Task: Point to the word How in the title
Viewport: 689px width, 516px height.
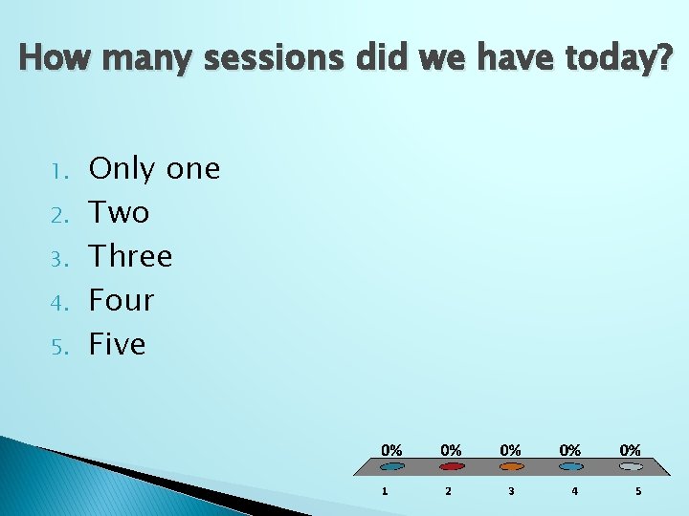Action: click(x=56, y=58)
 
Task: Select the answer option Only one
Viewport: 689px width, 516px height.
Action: click(x=154, y=169)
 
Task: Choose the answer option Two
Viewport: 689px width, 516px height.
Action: click(x=119, y=212)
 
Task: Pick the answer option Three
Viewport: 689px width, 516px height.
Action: click(x=130, y=256)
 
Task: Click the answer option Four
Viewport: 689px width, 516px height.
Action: click(x=122, y=300)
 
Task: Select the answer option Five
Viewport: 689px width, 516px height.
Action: click(x=117, y=344)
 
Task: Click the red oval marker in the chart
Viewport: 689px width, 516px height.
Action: click(x=452, y=467)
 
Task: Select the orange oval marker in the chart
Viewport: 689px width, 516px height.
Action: click(x=511, y=467)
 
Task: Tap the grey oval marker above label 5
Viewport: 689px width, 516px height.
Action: click(x=631, y=467)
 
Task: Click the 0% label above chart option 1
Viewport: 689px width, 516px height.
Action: click(x=391, y=449)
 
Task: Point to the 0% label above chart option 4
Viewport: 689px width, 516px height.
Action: click(x=570, y=449)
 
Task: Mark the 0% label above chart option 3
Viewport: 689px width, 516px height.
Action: click(x=511, y=449)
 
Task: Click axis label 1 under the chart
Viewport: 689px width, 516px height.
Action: click(x=385, y=491)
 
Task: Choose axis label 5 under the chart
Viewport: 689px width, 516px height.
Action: click(x=637, y=491)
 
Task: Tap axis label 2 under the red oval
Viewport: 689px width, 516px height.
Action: click(x=447, y=491)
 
